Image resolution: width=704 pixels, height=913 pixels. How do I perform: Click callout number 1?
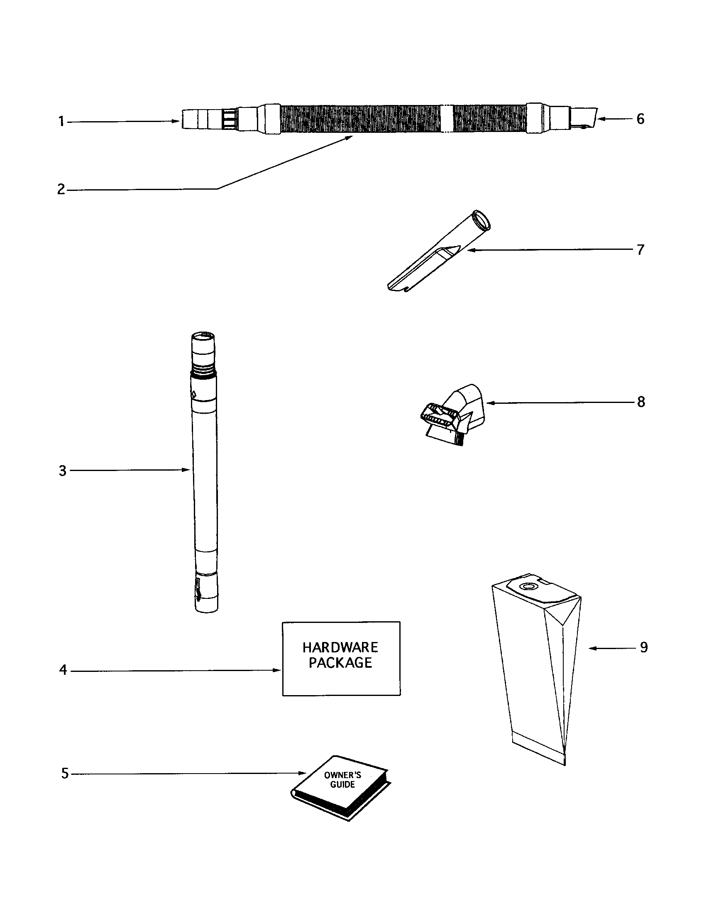coord(61,122)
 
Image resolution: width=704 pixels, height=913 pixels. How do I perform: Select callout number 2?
coord(61,190)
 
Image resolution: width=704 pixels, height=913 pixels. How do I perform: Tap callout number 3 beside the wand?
coord(62,471)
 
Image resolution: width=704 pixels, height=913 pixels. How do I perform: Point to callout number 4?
coord(63,670)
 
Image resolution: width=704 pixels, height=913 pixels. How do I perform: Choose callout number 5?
coord(65,774)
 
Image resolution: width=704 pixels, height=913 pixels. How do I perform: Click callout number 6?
coord(640,119)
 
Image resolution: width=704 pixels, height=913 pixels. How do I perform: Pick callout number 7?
coord(640,250)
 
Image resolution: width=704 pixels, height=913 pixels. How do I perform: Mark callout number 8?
coord(641,402)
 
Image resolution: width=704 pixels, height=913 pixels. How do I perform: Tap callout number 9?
coord(643,647)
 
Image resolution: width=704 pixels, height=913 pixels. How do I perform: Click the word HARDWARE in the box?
coord(340,647)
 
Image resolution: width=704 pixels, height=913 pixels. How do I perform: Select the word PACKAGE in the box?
coord(340,663)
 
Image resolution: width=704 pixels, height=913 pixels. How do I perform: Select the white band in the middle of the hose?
coord(447,119)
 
